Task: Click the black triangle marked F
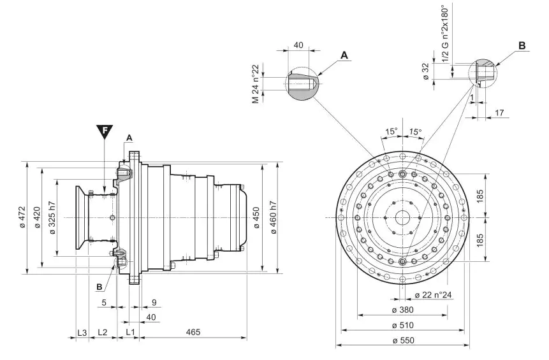[105, 132]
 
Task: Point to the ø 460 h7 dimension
[273, 217]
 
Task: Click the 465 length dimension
[193, 333]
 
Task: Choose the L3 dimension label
[82, 333]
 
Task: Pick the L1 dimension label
[129, 333]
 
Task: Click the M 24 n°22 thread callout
[255, 83]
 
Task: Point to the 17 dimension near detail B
[499, 113]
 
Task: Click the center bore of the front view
[402, 217]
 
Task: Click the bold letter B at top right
[522, 46]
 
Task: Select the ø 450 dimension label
[256, 217]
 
